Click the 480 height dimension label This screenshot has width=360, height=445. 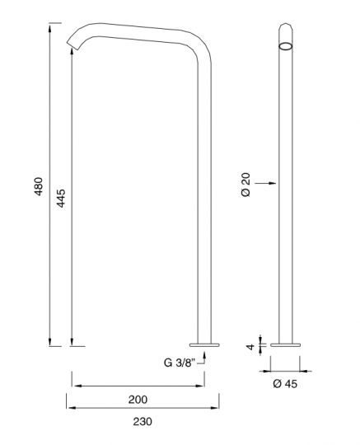pyautogui.click(x=38, y=186)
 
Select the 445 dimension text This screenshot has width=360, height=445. pyautogui.click(x=61, y=198)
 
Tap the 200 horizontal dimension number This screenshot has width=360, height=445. pyautogui.click(x=138, y=400)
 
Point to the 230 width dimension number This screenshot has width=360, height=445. pyautogui.click(x=143, y=422)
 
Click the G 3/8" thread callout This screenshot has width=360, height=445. pyautogui.click(x=180, y=363)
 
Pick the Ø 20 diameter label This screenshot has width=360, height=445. pyautogui.click(x=246, y=185)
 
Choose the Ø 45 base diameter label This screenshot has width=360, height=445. pyautogui.click(x=285, y=384)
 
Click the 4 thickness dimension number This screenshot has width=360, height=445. pyautogui.click(x=250, y=346)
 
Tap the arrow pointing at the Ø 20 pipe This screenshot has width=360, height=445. pyautogui.click(x=265, y=183)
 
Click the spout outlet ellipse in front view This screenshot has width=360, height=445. pyautogui.click(x=286, y=46)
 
